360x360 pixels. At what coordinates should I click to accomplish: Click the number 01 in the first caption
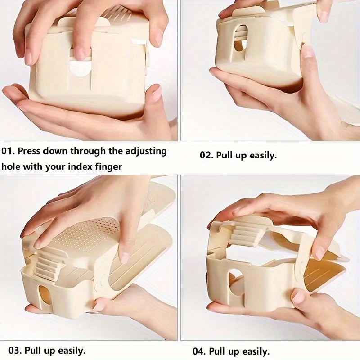7,152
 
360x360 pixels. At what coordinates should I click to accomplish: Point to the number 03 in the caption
15,351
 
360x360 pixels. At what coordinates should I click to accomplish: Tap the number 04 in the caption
199,351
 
